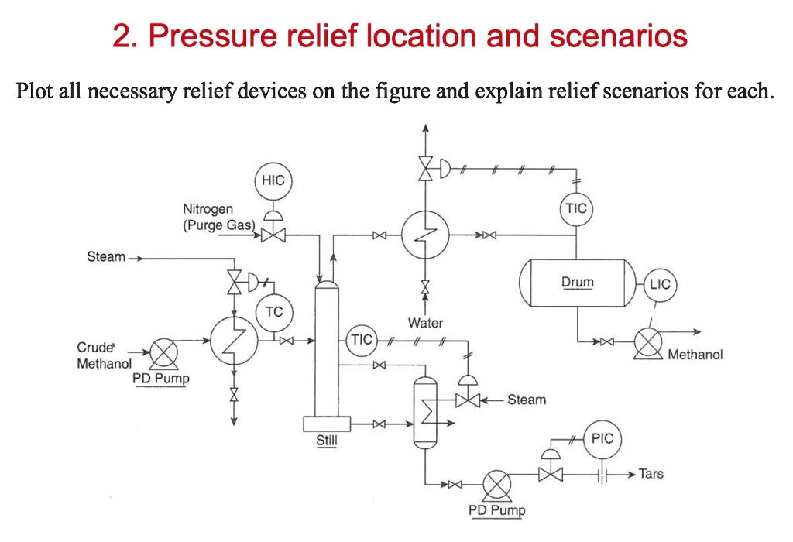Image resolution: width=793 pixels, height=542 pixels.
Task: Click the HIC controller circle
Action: [x=273, y=180]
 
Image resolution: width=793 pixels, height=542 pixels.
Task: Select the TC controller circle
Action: [x=273, y=313]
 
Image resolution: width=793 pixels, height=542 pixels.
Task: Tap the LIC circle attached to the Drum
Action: [x=660, y=284]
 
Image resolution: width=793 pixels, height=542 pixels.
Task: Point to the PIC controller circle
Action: [x=602, y=438]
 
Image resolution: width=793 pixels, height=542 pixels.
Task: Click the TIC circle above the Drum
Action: [x=576, y=209]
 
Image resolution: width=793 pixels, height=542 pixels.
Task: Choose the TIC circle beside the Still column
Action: [x=361, y=340]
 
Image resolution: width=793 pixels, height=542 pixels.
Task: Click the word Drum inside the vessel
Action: [x=577, y=282]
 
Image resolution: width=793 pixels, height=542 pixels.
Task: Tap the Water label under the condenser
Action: [x=424, y=322]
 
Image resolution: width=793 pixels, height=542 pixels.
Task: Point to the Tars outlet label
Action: [x=651, y=473]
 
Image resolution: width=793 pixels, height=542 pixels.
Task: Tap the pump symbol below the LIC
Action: [x=647, y=342]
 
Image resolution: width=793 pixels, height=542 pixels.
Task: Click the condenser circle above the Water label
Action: [x=424, y=234]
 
